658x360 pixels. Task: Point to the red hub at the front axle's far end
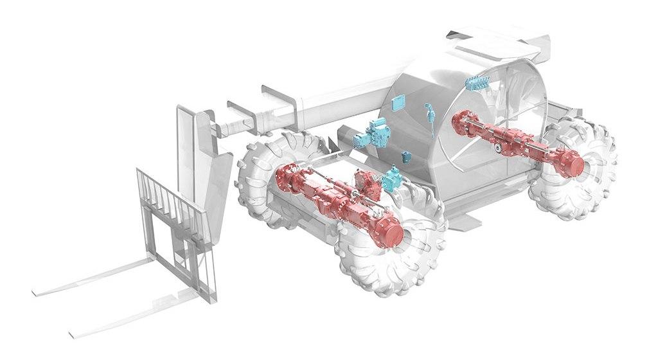283,175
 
